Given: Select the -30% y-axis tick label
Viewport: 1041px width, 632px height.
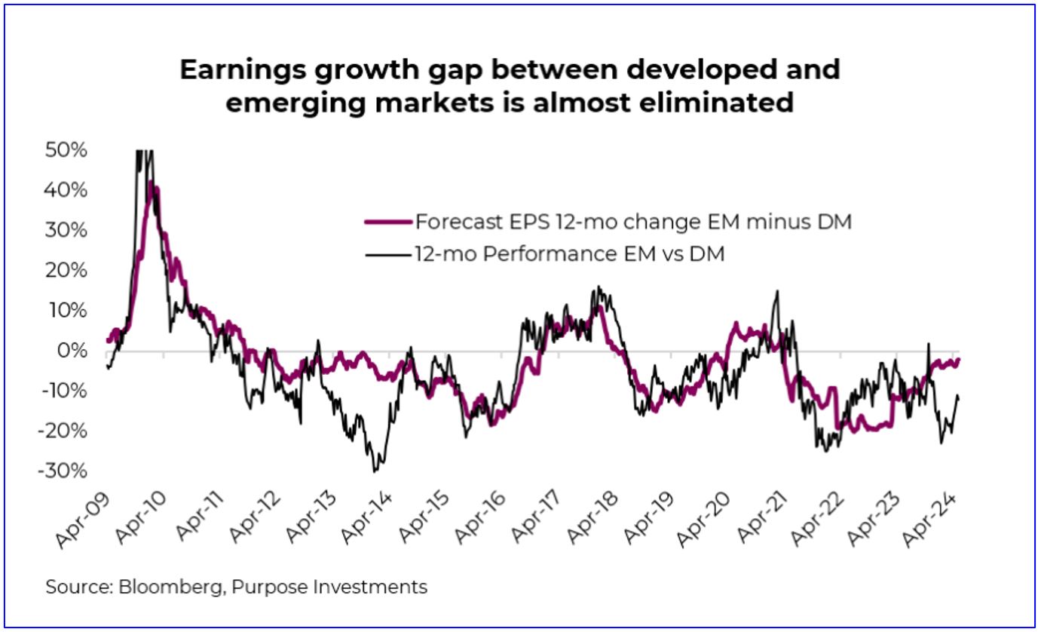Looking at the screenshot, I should (63, 471).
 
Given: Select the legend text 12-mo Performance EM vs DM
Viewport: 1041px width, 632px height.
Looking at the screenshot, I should (569, 254).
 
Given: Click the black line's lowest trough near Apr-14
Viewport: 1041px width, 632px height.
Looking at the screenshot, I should (375, 471).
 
